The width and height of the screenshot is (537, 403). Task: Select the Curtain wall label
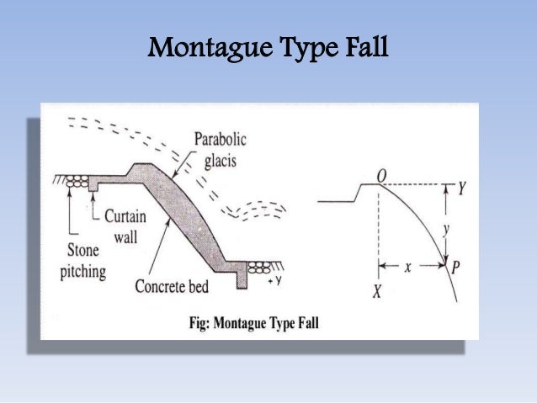click(x=125, y=223)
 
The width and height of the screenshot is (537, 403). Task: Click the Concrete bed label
click(x=172, y=286)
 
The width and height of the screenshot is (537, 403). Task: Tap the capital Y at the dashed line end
click(x=462, y=187)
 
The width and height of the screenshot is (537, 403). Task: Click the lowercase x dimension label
click(x=408, y=267)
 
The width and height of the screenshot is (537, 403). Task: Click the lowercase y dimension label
click(x=447, y=227)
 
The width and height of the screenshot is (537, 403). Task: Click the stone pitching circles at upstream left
click(x=78, y=181)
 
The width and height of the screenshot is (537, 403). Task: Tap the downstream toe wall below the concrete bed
click(x=242, y=280)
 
